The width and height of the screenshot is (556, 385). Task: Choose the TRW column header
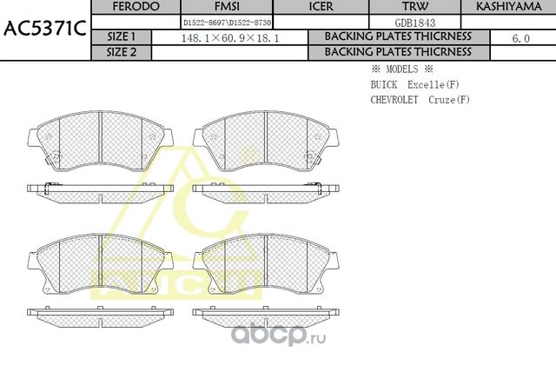[414, 7]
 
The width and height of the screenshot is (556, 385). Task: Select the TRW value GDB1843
[414, 22]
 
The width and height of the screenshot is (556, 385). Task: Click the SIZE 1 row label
[121, 37]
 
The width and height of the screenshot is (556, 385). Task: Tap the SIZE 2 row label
[121, 52]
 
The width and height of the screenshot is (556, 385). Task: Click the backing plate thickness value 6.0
[521, 38]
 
